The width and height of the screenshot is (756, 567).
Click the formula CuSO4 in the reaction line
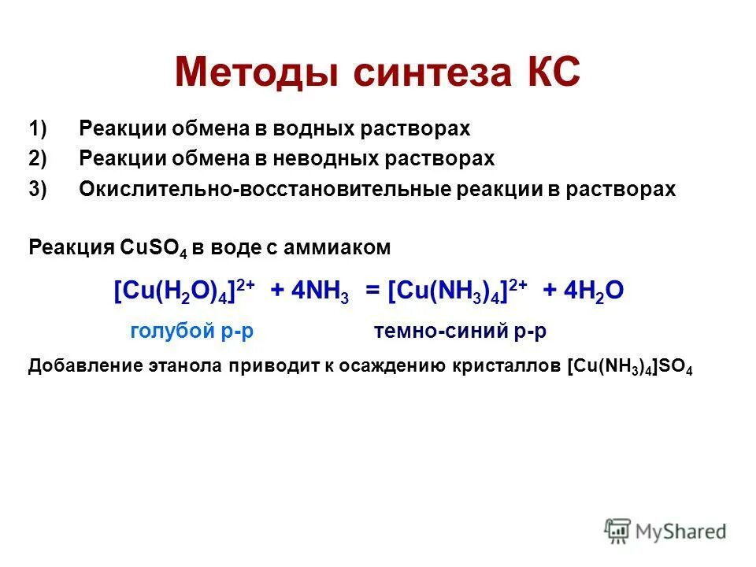pos(153,248)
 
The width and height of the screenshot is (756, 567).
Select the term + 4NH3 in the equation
pos(309,291)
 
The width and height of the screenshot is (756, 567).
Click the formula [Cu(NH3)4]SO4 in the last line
pos(629,368)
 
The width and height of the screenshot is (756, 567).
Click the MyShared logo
pos(665,531)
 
